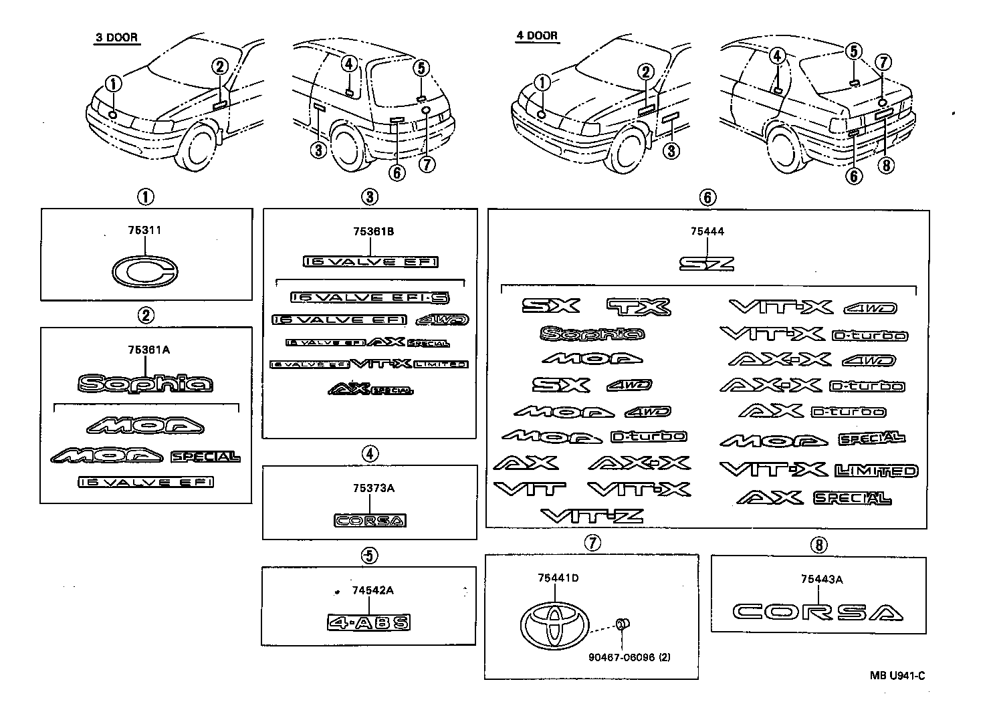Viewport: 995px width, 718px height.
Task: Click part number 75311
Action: coord(144,230)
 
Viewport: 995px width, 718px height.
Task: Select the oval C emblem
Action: coord(144,272)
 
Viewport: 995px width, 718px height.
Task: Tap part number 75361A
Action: coord(144,350)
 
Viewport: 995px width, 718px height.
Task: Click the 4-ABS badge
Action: coord(368,622)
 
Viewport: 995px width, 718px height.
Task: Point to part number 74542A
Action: coord(372,590)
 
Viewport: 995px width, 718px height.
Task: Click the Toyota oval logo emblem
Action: coord(554,622)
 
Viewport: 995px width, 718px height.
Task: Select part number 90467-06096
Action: coord(622,657)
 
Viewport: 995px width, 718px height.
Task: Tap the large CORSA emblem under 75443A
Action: coord(817,612)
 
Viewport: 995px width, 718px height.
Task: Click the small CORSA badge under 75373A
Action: coord(370,520)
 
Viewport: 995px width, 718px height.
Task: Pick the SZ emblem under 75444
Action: coord(707,263)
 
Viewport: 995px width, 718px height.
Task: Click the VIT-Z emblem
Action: coord(592,515)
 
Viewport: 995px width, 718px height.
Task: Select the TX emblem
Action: coord(638,307)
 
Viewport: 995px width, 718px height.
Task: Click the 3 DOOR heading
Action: coord(116,37)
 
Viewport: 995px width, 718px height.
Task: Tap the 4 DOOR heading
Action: coord(536,36)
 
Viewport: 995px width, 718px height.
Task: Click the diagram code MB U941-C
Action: coord(897,675)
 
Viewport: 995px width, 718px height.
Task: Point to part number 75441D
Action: coord(557,578)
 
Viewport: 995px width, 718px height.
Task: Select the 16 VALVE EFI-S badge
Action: coord(369,297)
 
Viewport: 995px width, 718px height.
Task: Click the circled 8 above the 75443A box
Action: coord(817,545)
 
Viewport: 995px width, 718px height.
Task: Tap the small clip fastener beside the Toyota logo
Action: coord(621,625)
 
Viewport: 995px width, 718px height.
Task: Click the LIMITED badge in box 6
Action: coord(876,471)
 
